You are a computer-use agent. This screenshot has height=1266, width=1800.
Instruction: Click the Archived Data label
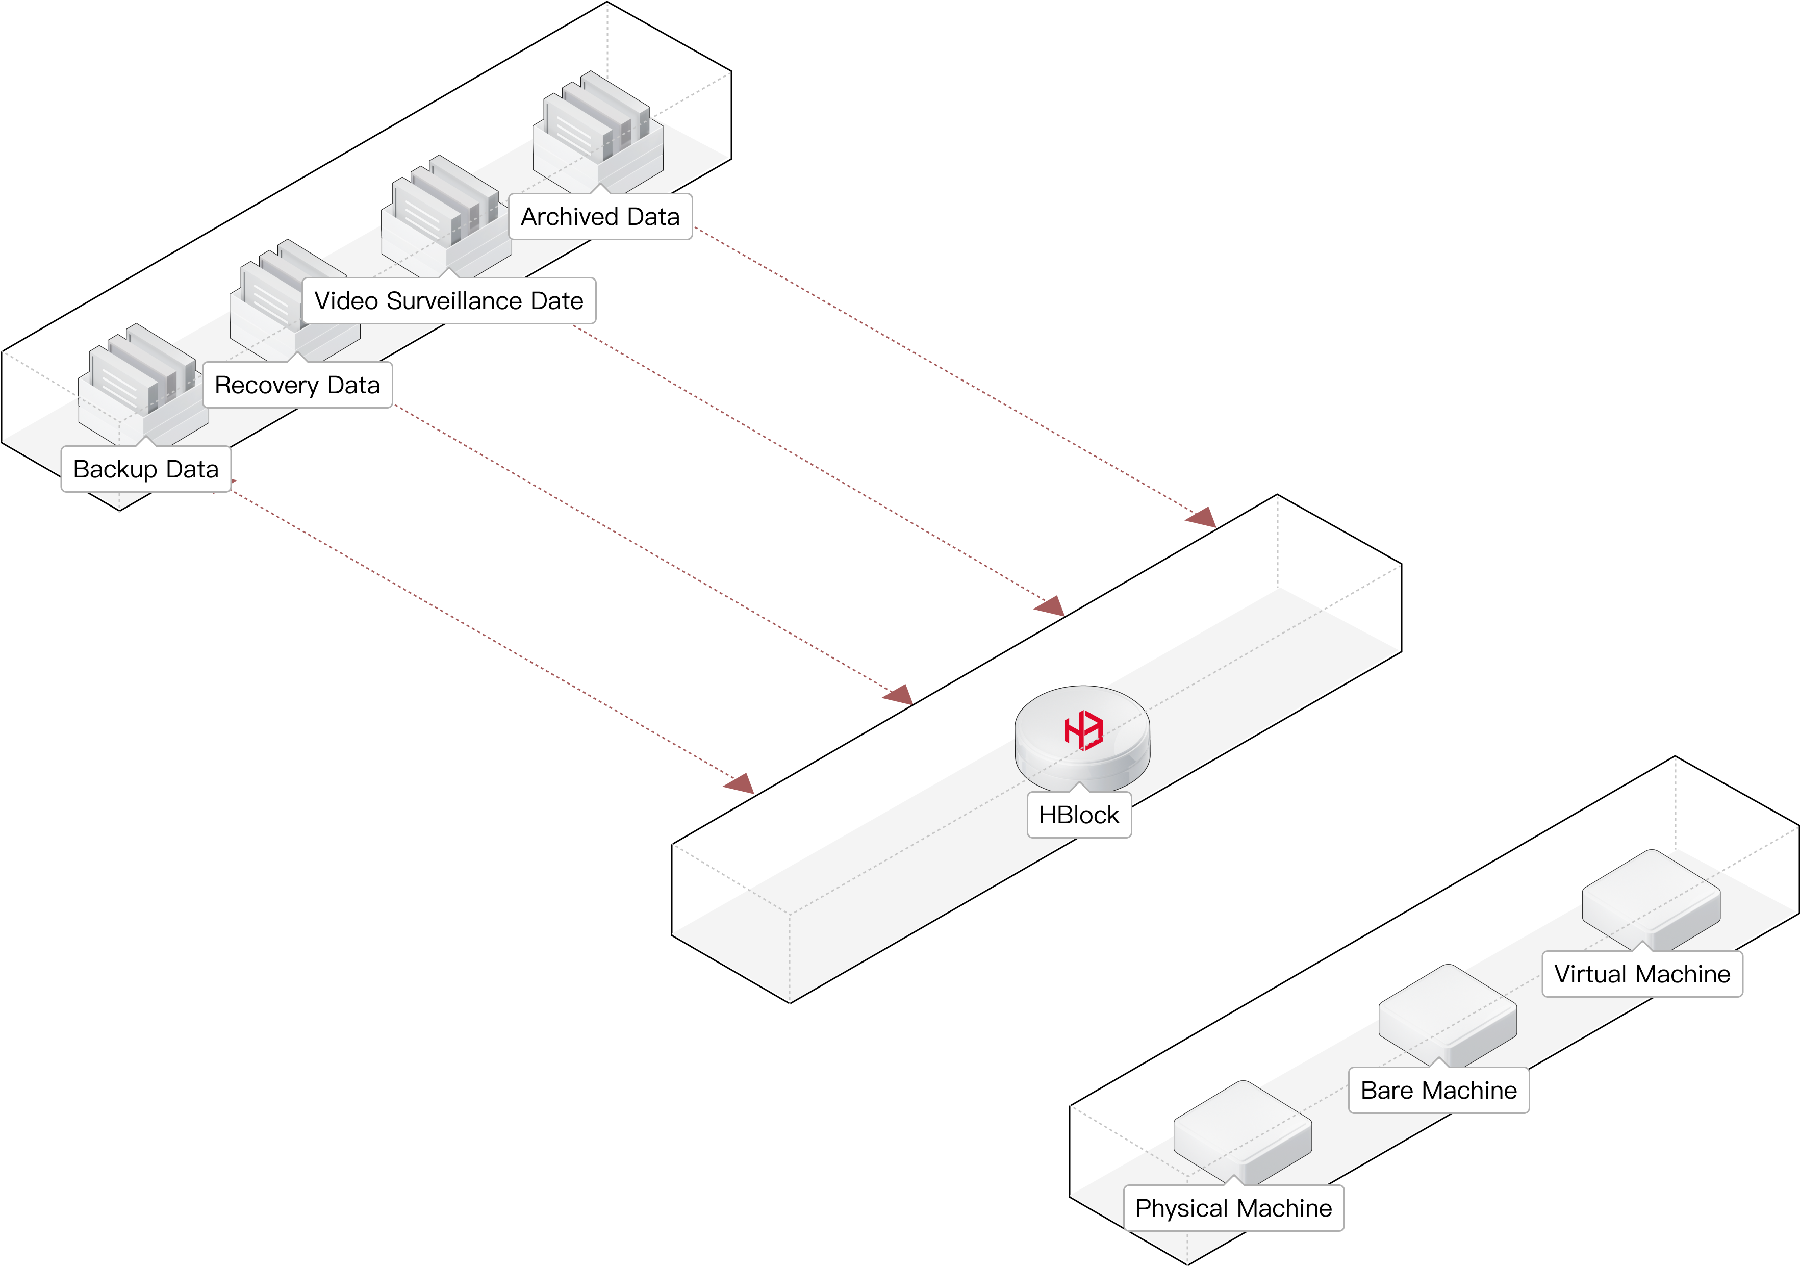tap(600, 216)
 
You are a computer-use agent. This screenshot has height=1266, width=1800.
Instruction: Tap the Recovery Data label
tap(297, 385)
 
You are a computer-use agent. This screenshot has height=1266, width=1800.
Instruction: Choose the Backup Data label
tap(146, 469)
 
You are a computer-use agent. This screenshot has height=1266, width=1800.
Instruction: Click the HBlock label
tap(1079, 815)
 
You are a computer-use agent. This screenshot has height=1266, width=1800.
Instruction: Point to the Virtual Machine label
tap(1642, 974)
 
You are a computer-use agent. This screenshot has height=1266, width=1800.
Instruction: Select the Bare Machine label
tap(1438, 1091)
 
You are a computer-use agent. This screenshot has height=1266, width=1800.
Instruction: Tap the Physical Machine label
tap(1233, 1208)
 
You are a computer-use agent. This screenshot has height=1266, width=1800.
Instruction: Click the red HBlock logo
tap(1083, 730)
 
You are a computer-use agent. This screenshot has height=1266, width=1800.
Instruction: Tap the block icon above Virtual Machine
tap(1650, 898)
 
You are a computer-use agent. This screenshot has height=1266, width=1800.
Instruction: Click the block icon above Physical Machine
tap(1242, 1130)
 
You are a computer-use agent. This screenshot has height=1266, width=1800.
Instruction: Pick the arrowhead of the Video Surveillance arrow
tap(1051, 606)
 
